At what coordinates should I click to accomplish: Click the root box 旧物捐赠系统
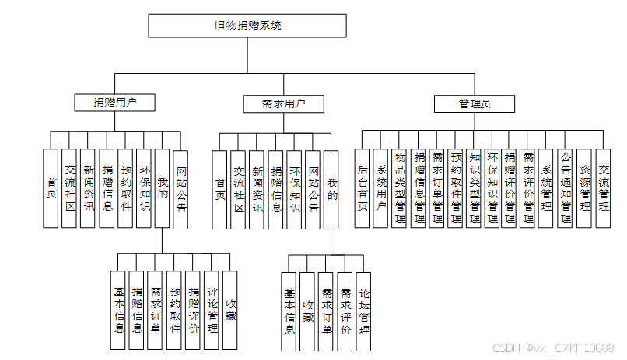coord(248,26)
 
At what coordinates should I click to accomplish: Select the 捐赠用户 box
coord(114,102)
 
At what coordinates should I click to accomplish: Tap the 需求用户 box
coord(273,103)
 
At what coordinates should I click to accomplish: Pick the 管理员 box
coord(474,103)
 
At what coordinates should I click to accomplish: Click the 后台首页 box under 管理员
coord(362,187)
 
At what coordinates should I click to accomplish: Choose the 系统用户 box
coord(380,187)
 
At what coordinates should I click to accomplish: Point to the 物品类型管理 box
coord(399,187)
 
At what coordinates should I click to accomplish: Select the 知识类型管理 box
coord(474,187)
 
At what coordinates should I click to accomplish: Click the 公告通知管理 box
coord(566,187)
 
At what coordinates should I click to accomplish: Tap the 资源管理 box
coord(585,187)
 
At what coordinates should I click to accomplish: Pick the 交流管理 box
coord(604,187)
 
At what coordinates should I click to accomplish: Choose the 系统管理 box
coord(548,187)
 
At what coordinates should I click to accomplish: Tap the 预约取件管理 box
coord(455,187)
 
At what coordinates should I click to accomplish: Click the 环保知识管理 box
coord(492,187)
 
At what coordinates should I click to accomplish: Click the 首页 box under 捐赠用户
coord(51,187)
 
